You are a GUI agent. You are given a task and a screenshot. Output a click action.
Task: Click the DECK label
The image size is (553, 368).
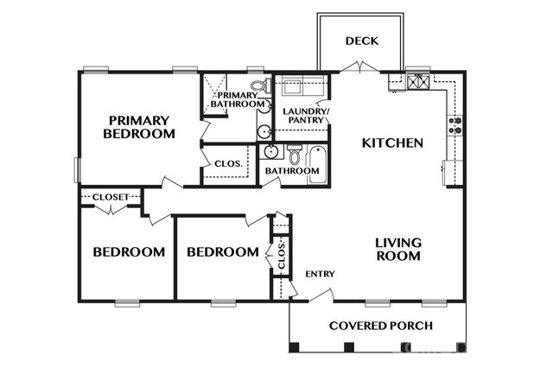pos(361,41)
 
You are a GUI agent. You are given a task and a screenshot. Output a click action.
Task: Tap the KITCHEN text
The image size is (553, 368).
pos(391,143)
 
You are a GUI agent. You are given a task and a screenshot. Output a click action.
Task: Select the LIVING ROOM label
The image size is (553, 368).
pos(398,250)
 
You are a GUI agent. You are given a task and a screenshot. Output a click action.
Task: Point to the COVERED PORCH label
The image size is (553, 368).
pos(381,326)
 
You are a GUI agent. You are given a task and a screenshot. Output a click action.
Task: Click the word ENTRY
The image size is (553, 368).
pos(320,274)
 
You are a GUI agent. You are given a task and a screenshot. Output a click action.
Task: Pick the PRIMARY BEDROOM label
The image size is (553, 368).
pos(139,127)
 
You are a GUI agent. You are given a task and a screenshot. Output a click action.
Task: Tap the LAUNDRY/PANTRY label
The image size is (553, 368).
pos(302,115)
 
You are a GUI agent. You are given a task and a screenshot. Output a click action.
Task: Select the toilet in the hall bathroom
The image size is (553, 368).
pos(294,156)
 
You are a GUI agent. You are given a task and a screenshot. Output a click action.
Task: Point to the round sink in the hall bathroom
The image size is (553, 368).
pos(270,153)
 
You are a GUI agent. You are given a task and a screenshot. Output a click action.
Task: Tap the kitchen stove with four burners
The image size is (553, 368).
pos(454,125)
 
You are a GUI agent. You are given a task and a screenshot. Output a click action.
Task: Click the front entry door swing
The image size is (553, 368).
pos(319,296)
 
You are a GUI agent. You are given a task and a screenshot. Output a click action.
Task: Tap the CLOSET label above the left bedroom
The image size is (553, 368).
pos(111,197)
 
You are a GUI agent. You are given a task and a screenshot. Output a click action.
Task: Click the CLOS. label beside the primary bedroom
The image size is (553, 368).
pos(227,162)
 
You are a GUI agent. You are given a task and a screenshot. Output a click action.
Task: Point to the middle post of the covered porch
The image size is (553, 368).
pos(349,348)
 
